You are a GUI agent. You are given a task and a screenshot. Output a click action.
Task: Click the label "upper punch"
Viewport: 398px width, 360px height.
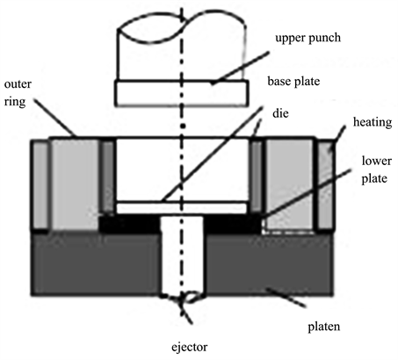click(308, 39)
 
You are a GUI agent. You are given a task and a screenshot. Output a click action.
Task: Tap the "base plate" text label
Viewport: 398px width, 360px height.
click(293, 82)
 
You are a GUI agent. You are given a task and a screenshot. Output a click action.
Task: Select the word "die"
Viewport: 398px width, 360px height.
click(280, 113)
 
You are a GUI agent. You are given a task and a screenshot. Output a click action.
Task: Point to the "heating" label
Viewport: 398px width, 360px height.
click(373, 123)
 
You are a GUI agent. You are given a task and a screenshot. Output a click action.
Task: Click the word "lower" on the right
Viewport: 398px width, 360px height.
click(377, 161)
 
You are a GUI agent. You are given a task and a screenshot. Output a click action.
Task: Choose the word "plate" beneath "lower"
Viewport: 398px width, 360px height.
click(374, 179)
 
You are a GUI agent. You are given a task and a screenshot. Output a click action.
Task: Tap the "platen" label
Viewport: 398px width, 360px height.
click(324, 327)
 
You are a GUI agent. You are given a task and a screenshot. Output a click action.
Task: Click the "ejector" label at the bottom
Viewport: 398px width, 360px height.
click(190, 348)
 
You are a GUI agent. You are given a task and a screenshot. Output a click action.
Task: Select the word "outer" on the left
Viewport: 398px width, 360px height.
click(18, 84)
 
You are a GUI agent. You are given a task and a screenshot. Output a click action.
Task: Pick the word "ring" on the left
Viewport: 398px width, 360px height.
click(15, 103)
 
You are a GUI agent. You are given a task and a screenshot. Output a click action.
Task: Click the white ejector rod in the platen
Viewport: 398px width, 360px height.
click(183, 255)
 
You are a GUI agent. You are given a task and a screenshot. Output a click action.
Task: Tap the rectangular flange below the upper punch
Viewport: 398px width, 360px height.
click(182, 93)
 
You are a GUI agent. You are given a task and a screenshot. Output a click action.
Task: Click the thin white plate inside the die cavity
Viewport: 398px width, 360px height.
click(182, 208)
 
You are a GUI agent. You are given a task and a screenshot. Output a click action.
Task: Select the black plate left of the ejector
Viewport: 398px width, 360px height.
click(129, 224)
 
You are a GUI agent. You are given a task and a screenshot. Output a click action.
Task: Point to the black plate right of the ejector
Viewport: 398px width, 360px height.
click(233, 224)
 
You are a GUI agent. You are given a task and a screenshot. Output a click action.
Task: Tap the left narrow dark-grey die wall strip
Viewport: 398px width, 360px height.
click(108, 176)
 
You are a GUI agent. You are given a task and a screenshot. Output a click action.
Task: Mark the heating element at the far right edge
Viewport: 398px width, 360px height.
click(325, 184)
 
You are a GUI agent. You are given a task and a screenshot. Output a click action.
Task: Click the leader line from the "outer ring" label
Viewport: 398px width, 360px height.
click(55, 118)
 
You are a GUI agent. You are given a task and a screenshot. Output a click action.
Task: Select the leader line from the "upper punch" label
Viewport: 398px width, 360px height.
click(240, 68)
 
